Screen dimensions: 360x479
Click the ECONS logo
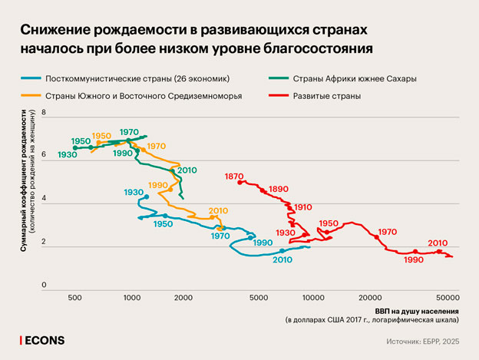coord(43,339)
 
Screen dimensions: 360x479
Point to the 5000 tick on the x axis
coord(258,296)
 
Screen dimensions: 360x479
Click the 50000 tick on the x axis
coord(447,296)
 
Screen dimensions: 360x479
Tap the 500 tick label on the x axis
coord(75,296)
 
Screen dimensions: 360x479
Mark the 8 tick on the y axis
coord(45,113)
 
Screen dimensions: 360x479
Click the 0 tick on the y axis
coord(45,285)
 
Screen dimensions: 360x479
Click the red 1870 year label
coord(235,177)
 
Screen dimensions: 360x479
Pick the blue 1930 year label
coord(134,191)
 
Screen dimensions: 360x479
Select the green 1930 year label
coord(66,155)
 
